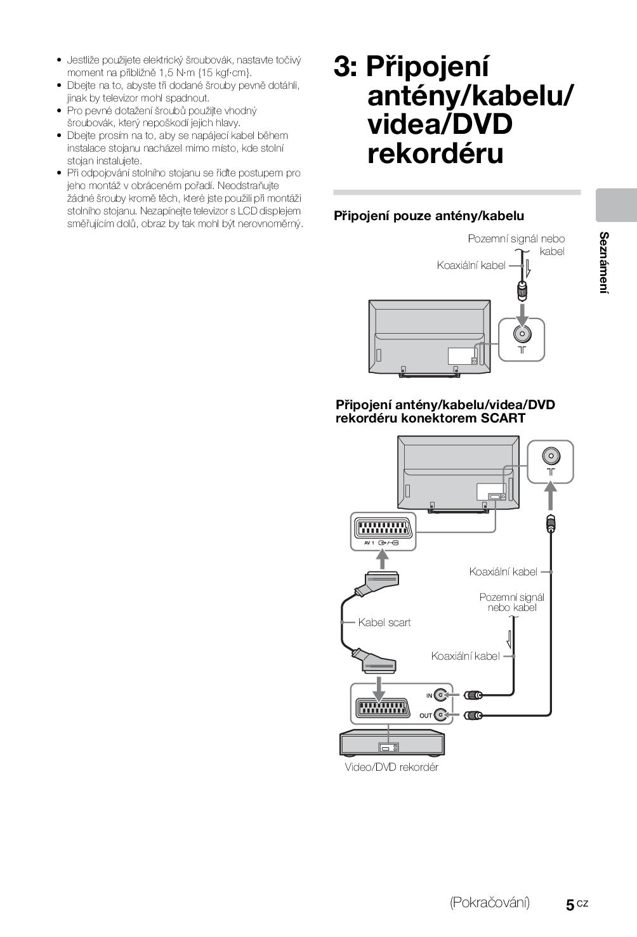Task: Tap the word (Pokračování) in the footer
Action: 489,903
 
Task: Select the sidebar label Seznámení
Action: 604,263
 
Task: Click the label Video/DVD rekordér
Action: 391,767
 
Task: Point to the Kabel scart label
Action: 384,622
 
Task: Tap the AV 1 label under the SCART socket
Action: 369,542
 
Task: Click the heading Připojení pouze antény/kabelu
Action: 429,216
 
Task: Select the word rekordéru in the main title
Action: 435,154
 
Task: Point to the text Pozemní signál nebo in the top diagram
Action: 516,239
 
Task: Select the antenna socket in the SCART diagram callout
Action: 550,456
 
